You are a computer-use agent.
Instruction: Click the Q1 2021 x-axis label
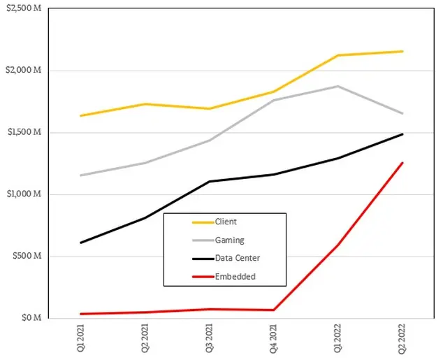pos(82,338)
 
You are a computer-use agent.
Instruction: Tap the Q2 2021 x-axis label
pos(146,338)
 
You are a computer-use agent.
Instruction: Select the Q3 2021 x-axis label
pos(210,338)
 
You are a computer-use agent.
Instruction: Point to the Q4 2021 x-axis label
pos(275,338)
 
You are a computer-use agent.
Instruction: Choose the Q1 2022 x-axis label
pos(339,338)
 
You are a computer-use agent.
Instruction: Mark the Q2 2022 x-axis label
pos(403,338)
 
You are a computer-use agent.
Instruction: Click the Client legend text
pos(226,222)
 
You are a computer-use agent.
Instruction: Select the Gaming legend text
pos(229,240)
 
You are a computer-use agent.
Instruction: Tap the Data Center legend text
pos(238,259)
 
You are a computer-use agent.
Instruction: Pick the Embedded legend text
pos(235,277)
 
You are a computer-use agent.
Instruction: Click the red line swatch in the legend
pos(202,277)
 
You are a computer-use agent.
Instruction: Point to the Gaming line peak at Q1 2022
pos(339,86)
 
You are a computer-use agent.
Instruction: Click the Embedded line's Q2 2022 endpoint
pos(403,163)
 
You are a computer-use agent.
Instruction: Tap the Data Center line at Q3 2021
pos(210,182)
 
